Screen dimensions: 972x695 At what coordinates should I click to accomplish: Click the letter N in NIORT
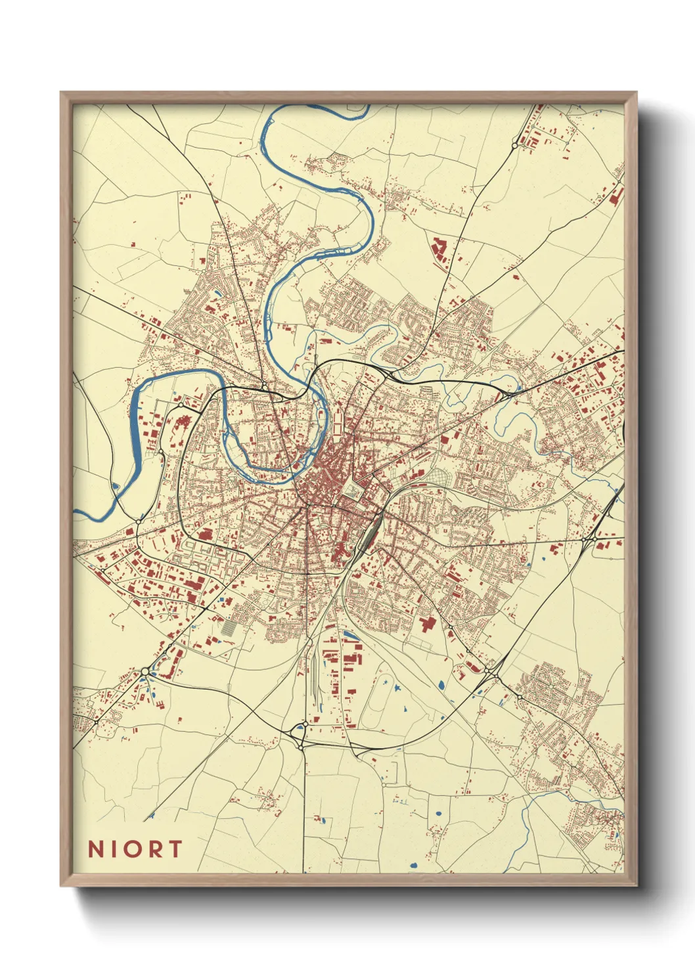[x=96, y=849]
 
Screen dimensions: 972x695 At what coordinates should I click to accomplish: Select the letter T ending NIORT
[x=175, y=849]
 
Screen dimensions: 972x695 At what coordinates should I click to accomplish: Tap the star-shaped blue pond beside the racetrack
[x=397, y=687]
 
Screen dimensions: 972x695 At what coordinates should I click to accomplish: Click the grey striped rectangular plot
[x=227, y=629]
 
